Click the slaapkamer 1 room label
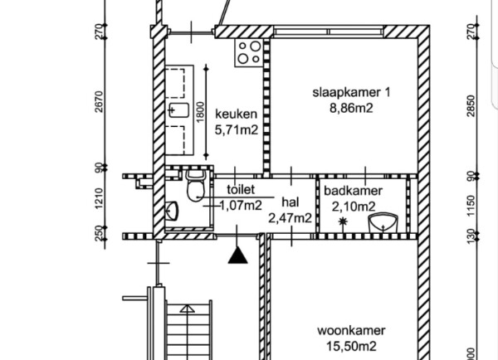[x=351, y=93]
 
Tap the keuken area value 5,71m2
[x=237, y=130]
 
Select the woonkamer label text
[x=351, y=330]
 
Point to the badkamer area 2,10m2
[x=354, y=207]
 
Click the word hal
[x=290, y=202]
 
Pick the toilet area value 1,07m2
[x=241, y=206]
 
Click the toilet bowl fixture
[x=195, y=186]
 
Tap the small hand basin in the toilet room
[x=172, y=211]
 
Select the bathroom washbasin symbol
[x=383, y=222]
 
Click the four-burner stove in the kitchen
[x=249, y=53]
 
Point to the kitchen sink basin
[x=178, y=110]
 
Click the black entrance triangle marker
[x=237, y=255]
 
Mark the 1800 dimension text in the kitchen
[x=200, y=112]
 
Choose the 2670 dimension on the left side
[x=99, y=101]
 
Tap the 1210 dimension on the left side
[x=99, y=199]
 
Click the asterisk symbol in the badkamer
[x=343, y=221]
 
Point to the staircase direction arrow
[x=188, y=309]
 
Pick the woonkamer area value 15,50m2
[x=351, y=346]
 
